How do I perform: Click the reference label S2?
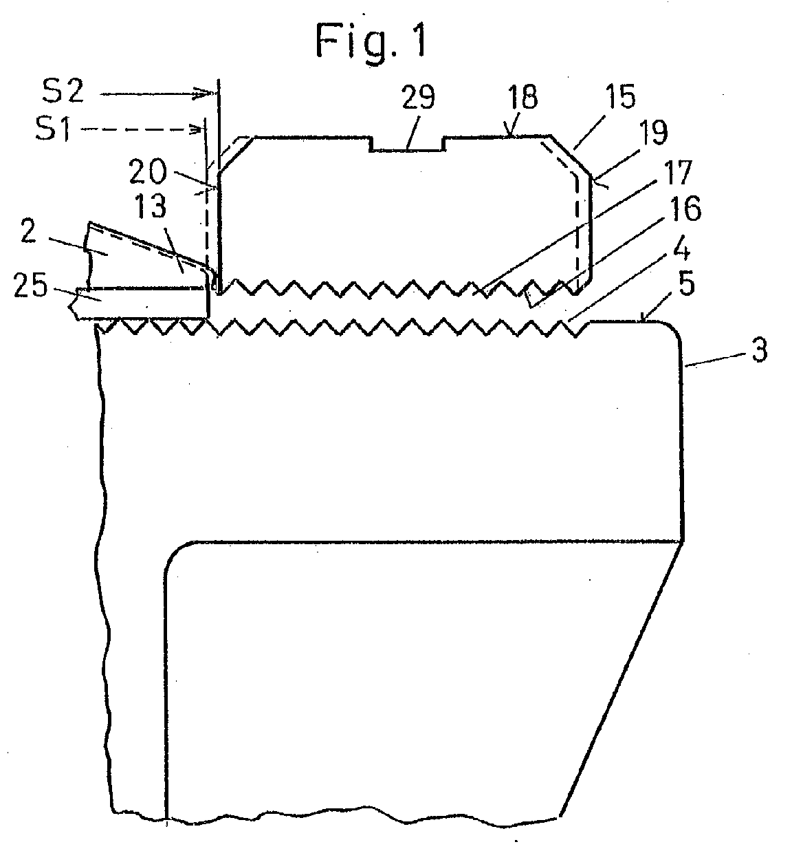[x=63, y=91]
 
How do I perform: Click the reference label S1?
[x=53, y=129]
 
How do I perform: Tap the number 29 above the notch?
[x=418, y=98]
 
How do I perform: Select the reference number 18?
[x=522, y=97]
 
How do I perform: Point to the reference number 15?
[x=620, y=97]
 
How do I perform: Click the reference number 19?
[x=653, y=133]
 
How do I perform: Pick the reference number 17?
[x=676, y=173]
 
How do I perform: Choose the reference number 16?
[x=686, y=208]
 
